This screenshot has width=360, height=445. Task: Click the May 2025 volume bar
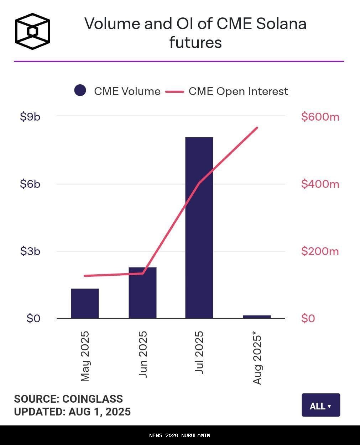[85, 303]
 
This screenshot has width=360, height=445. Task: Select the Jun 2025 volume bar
[142, 293]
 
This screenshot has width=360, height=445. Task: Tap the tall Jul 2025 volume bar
[199, 228]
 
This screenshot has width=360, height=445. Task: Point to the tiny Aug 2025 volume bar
[257, 317]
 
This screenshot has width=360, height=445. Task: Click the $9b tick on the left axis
[30, 116]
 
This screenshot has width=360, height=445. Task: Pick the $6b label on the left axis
[30, 184]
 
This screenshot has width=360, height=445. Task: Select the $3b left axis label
[30, 251]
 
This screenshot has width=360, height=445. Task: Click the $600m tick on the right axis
[320, 117]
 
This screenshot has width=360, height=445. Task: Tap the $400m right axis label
[320, 184]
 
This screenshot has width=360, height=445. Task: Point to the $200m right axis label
[320, 251]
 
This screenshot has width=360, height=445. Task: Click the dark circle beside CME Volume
[80, 90]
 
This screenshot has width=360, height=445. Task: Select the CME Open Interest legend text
[238, 91]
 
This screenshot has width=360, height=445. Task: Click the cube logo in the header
[32, 31]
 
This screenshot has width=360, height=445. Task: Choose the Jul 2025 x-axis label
[199, 352]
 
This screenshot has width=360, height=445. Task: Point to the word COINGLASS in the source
[93, 399]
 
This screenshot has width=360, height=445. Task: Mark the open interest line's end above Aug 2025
[257, 127]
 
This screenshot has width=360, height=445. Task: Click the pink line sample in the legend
[174, 91]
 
